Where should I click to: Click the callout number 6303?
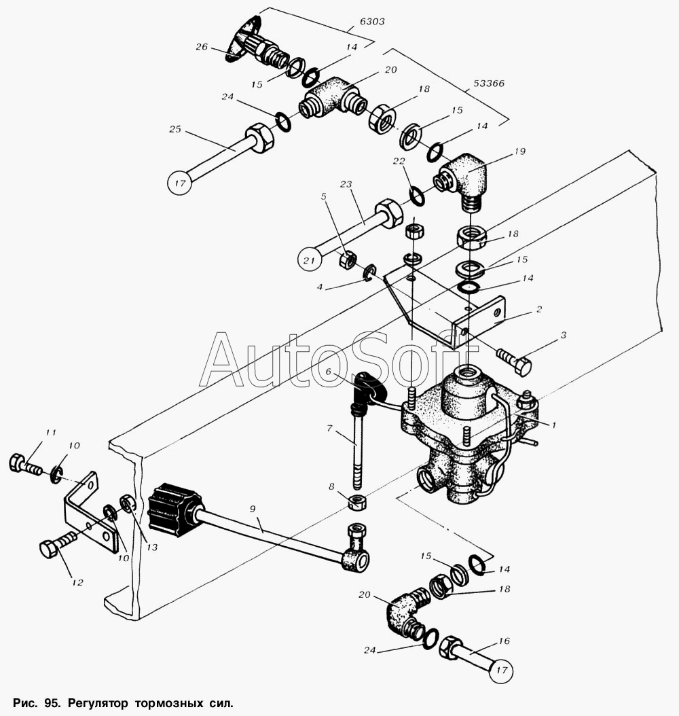pyautogui.click(x=371, y=22)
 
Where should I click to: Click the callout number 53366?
pyautogui.click(x=488, y=84)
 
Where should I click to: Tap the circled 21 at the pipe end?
pyautogui.click(x=310, y=260)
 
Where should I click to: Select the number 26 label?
pyautogui.click(x=201, y=47)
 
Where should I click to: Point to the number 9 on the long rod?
pyautogui.click(x=253, y=508)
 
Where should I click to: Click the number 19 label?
pyautogui.click(x=519, y=151)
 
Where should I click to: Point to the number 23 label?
pyautogui.click(x=346, y=184)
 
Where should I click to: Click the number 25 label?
pyautogui.click(x=175, y=129)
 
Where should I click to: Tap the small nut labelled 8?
pyautogui.click(x=355, y=503)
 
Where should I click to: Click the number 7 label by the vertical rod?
pyautogui.click(x=329, y=429)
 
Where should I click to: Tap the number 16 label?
pyautogui.click(x=504, y=641)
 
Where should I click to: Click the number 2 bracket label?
pyautogui.click(x=539, y=309)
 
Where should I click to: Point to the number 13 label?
pyautogui.click(x=151, y=547)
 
